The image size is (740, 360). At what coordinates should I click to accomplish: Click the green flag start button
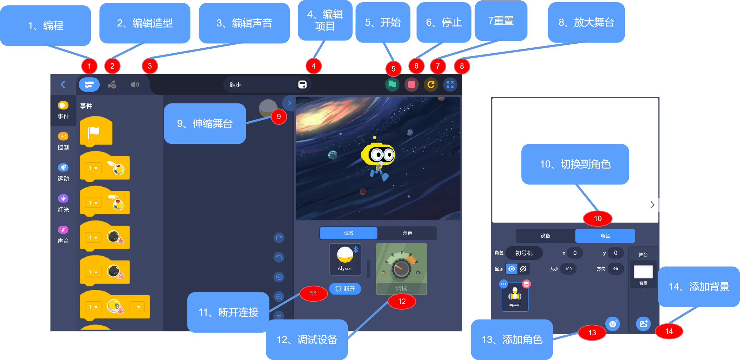(x=392, y=85)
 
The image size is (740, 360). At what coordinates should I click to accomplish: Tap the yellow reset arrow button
(x=431, y=85)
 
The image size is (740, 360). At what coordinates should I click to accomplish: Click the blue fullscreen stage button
(x=450, y=85)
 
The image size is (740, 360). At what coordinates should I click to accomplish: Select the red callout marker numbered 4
(x=313, y=66)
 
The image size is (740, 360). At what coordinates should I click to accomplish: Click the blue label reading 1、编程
(x=45, y=25)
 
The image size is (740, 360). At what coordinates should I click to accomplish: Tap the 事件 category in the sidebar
(x=63, y=110)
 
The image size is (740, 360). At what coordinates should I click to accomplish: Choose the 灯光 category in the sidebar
(x=63, y=203)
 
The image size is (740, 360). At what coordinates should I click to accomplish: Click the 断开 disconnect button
(x=345, y=289)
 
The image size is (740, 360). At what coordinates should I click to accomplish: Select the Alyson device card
(x=345, y=259)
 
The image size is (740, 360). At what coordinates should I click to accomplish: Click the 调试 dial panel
(x=401, y=269)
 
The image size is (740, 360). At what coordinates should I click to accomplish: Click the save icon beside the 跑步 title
(x=302, y=85)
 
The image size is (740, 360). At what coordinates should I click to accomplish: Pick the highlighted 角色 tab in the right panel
(x=605, y=235)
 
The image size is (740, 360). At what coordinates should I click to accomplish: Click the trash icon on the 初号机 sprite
(x=526, y=284)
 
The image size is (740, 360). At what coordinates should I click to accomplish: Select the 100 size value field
(x=568, y=269)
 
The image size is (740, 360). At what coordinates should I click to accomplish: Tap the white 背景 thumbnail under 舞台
(x=643, y=272)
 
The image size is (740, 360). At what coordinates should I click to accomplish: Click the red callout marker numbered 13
(x=592, y=332)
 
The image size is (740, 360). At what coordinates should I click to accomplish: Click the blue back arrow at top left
(x=63, y=85)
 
